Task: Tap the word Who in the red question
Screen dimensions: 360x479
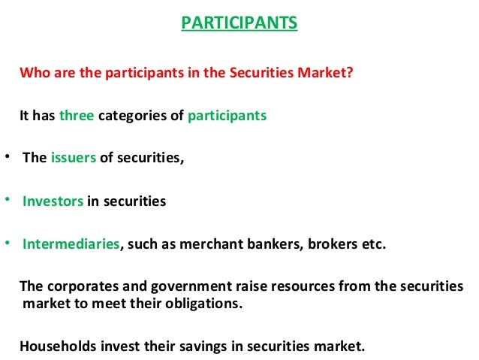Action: (x=32, y=74)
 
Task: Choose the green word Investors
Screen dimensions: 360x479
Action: (x=53, y=201)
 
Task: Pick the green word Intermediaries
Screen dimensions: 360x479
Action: (x=71, y=244)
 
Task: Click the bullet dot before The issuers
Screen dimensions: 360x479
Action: (x=6, y=157)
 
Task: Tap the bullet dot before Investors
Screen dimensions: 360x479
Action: (x=6, y=199)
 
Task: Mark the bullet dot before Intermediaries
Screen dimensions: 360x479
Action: (x=6, y=242)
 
